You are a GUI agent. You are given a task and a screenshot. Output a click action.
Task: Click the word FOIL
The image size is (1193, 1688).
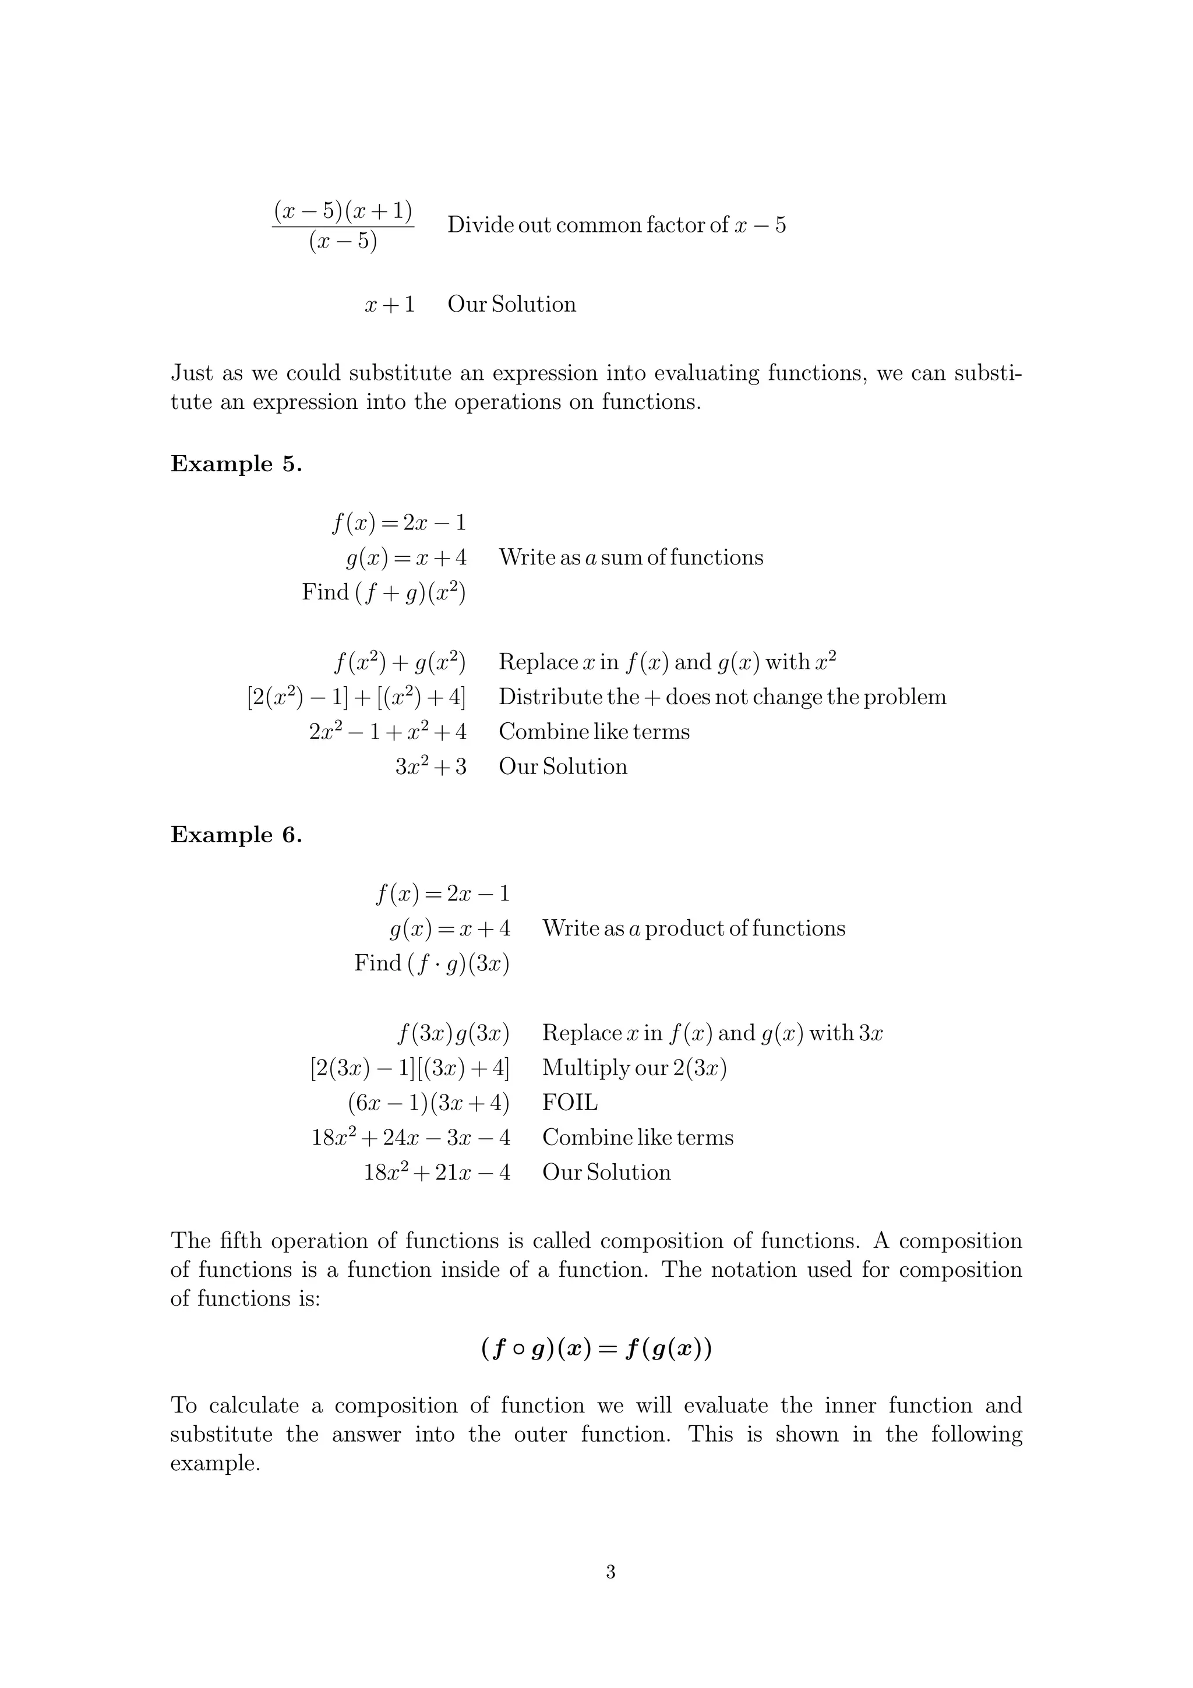570,1103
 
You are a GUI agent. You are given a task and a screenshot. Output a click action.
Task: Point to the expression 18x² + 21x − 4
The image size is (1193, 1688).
437,1172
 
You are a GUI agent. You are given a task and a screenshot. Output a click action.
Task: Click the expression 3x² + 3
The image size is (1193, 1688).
430,767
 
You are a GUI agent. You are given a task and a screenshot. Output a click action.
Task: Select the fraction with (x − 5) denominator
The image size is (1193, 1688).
343,225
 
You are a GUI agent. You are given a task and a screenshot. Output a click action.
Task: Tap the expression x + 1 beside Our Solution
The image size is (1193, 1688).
390,305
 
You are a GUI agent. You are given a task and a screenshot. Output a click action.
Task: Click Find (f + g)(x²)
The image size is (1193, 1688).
384,592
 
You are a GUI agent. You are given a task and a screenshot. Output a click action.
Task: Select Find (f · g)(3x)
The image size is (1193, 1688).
432,963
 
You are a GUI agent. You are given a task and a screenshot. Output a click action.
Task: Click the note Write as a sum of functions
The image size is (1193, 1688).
631,557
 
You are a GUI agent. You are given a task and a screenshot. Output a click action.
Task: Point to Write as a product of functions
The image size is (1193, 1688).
693,928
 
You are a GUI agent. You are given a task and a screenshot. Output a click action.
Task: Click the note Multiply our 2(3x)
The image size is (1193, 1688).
634,1068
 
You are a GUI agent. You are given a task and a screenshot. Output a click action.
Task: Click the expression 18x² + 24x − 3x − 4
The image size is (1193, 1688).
410,1138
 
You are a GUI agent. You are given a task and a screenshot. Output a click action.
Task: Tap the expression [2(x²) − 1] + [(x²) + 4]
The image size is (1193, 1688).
357,697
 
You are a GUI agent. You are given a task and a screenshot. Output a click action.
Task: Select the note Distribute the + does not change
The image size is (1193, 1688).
722,697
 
